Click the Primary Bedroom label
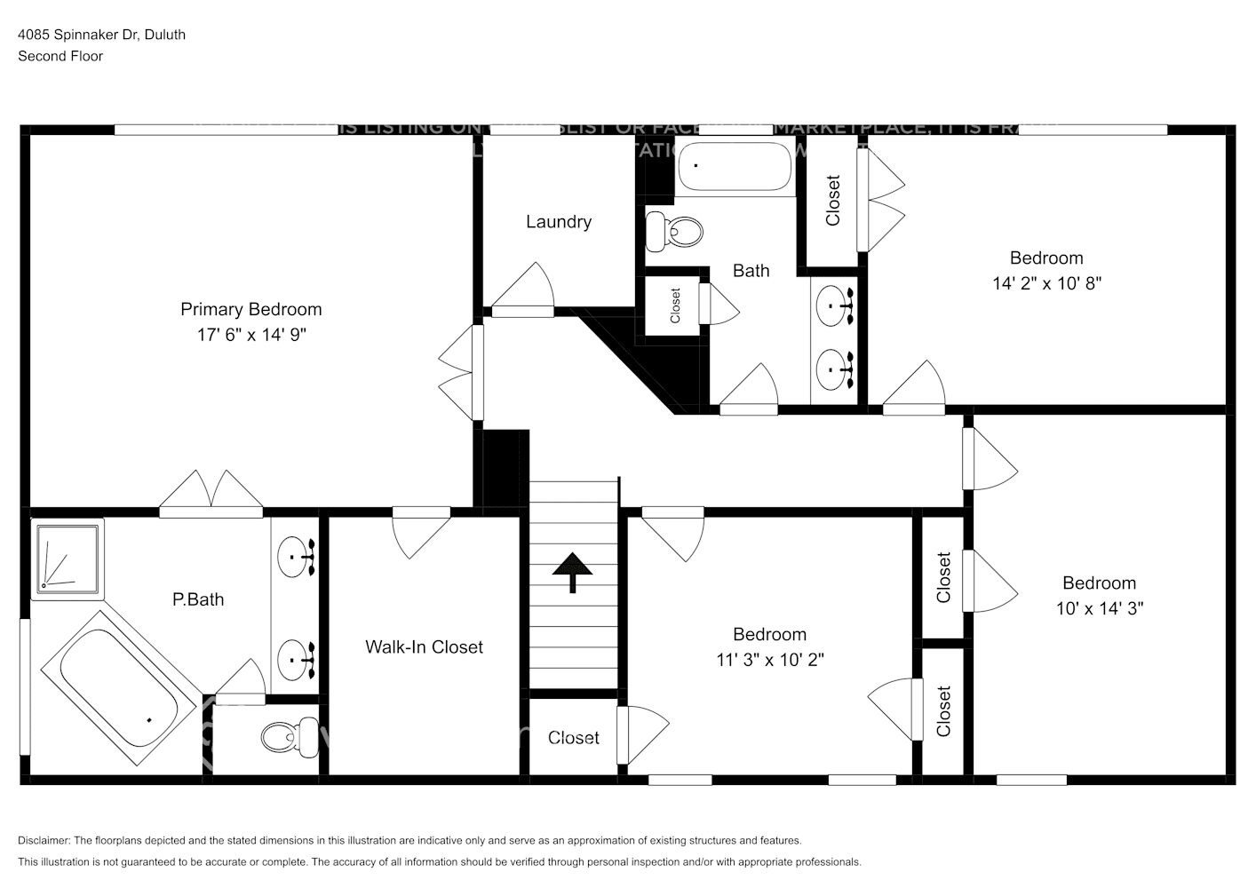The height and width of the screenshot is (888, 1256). point(250,309)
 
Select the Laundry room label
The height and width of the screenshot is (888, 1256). point(558,222)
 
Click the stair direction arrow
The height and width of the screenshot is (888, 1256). point(573,572)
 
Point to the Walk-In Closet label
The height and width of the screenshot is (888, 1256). point(424,647)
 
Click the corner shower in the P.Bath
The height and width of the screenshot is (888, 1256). point(68,558)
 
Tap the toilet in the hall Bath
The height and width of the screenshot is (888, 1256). point(674,231)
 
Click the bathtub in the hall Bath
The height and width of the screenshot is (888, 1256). point(734,167)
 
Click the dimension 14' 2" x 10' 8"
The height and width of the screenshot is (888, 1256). point(1046,283)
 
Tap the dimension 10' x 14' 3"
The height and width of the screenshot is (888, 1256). point(1099,608)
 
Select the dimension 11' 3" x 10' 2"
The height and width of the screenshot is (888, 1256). point(769,660)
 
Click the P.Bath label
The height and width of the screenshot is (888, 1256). point(197,599)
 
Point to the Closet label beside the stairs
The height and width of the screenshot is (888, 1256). point(573,738)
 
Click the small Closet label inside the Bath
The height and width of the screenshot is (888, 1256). point(675,305)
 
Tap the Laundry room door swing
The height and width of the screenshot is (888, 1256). point(524,289)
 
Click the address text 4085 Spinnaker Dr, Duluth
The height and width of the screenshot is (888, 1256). point(101,35)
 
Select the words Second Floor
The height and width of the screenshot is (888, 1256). point(60,56)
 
